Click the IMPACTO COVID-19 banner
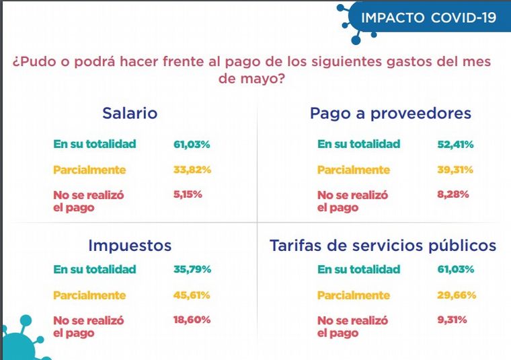(428, 17)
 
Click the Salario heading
(130, 113)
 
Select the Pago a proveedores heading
(390, 113)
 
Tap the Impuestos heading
(130, 245)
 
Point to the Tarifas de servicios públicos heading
(383, 245)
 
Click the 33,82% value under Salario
(192, 170)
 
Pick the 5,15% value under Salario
(188, 194)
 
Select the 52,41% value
(456, 143)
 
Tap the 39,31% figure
(456, 170)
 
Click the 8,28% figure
(453, 194)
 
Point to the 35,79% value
(192, 269)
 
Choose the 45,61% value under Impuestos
(192, 295)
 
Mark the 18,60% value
(192, 320)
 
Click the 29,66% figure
(457, 295)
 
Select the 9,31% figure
(453, 320)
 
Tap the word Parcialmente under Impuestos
(89, 295)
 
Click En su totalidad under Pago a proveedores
(358, 143)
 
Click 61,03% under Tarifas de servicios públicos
(456, 269)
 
